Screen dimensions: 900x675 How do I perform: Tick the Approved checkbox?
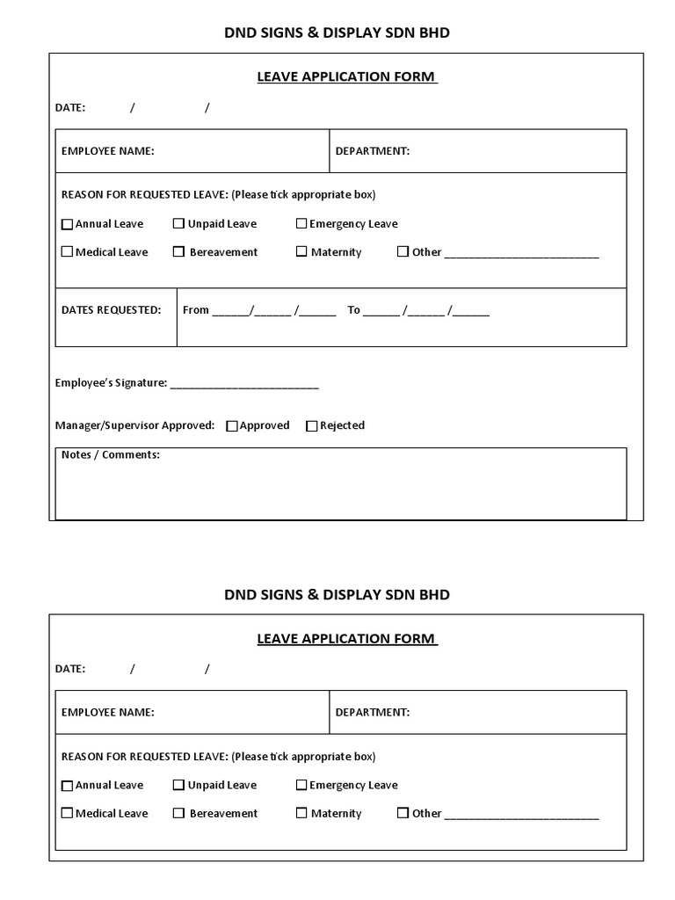pyautogui.click(x=232, y=426)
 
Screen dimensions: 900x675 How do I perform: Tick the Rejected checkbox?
pyautogui.click(x=311, y=426)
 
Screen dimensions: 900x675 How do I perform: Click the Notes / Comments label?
pyautogui.click(x=111, y=455)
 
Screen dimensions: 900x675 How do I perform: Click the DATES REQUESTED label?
pyautogui.click(x=111, y=310)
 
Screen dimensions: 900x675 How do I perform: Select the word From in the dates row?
pyautogui.click(x=196, y=310)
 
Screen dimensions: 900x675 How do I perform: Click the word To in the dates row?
pyautogui.click(x=354, y=310)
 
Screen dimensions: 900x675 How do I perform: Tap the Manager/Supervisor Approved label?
pyautogui.click(x=134, y=425)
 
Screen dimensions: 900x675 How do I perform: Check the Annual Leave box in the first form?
pyautogui.click(x=67, y=224)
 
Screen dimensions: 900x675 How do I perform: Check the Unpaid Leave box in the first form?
pyautogui.click(x=178, y=224)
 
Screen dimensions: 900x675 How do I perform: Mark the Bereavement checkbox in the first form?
pyautogui.click(x=178, y=252)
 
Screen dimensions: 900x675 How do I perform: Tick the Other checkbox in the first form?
pyautogui.click(x=403, y=252)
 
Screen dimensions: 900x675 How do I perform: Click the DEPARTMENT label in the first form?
pyautogui.click(x=373, y=151)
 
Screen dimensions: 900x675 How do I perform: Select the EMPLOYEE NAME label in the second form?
pyautogui.click(x=107, y=713)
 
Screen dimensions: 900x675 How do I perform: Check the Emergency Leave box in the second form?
pyautogui.click(x=301, y=786)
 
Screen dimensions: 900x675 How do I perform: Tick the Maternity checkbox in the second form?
pyautogui.click(x=301, y=814)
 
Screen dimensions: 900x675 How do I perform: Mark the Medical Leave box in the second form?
pyautogui.click(x=67, y=814)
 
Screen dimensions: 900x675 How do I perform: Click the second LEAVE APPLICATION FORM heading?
pyautogui.click(x=347, y=639)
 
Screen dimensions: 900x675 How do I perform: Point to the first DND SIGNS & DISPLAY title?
pyautogui.click(x=337, y=33)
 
